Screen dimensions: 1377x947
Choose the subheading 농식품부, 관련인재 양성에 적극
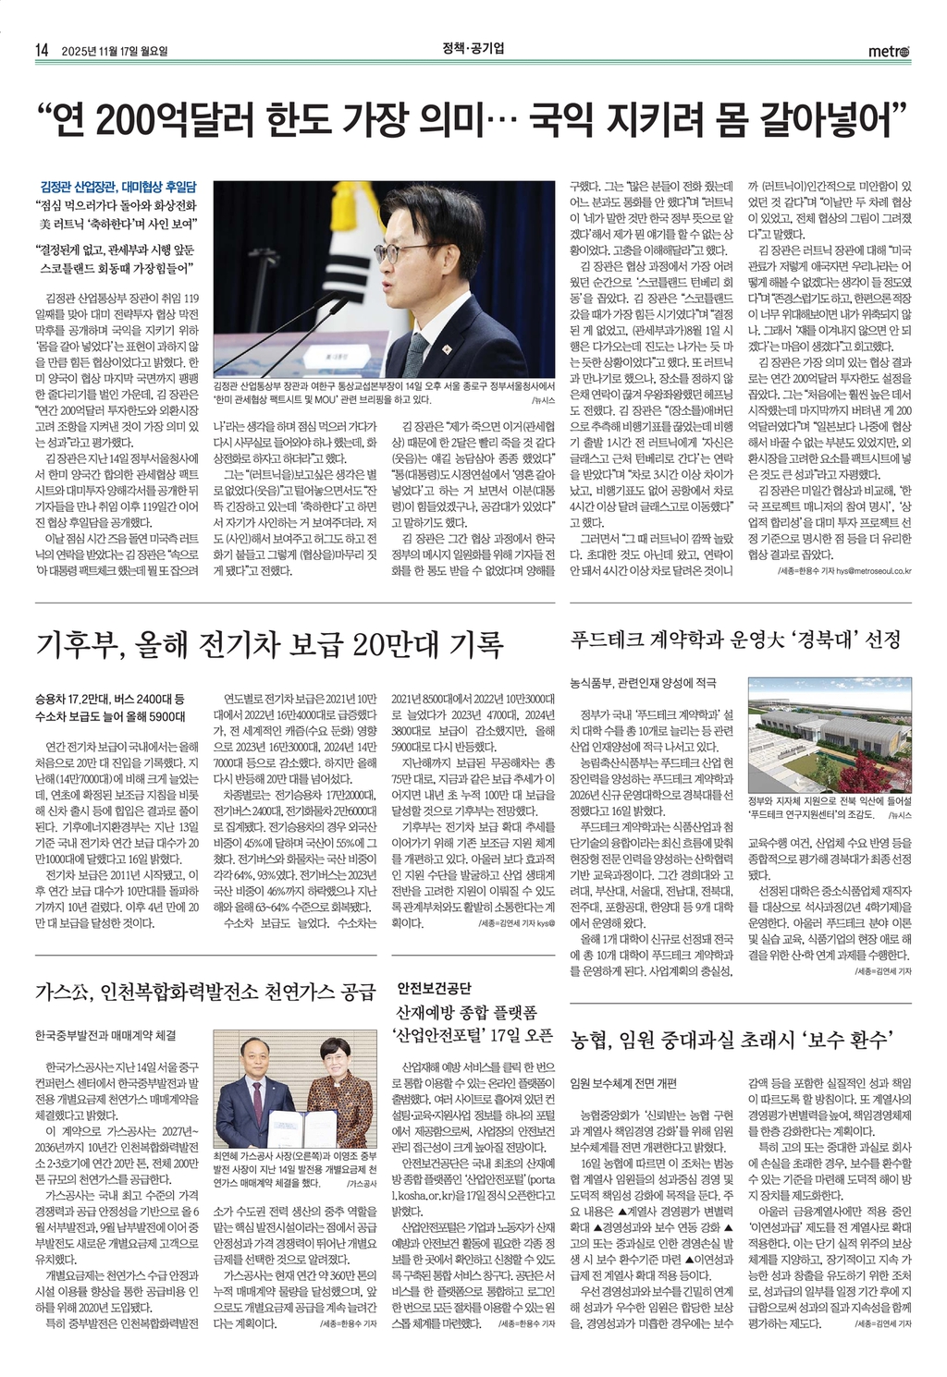pos(643,684)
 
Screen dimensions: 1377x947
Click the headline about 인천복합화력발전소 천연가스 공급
pos(205,993)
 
